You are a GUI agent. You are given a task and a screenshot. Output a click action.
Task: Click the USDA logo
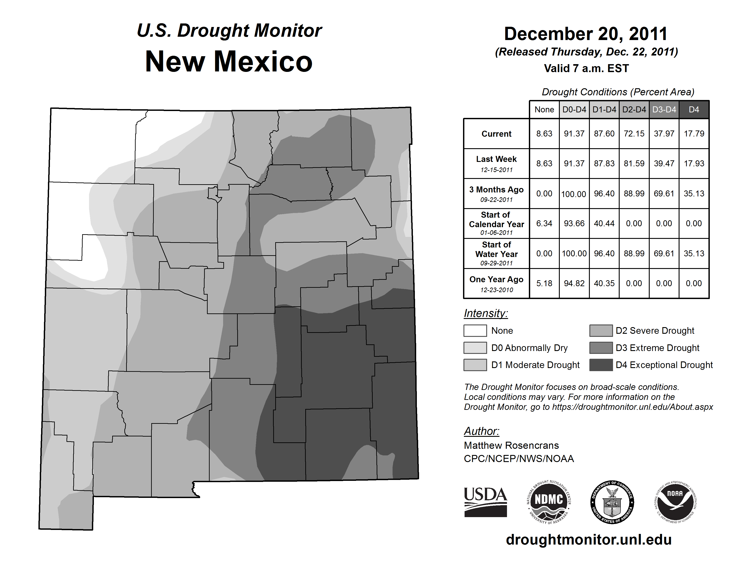(485, 502)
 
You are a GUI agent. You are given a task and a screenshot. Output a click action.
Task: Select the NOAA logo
(675, 502)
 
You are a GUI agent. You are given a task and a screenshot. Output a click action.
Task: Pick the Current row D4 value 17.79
(694, 134)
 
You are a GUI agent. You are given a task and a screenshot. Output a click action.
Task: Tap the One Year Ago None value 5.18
(544, 283)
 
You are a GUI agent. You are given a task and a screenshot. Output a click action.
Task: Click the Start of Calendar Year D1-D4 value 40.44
(604, 223)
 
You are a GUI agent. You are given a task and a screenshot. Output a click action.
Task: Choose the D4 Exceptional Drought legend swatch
(601, 365)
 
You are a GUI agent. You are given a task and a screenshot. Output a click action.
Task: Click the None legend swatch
(475, 330)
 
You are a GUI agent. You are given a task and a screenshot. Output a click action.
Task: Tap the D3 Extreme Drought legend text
(657, 348)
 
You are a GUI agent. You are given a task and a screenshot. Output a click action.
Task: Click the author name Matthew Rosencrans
(511, 445)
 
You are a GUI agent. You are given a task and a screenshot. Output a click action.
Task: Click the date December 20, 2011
(586, 34)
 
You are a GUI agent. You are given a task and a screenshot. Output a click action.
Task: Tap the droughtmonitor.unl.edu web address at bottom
(589, 540)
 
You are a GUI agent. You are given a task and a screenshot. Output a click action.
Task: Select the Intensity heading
(486, 313)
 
